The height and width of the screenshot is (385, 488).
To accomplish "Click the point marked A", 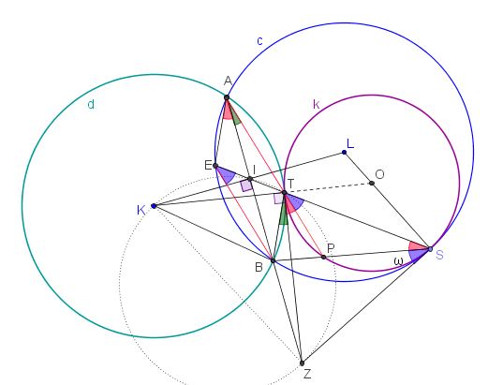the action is click(x=227, y=97).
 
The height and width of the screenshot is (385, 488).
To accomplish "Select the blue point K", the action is click(x=154, y=206).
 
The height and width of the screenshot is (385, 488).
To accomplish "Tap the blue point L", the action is click(x=344, y=153).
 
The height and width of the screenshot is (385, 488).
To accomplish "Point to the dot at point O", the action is click(x=372, y=183).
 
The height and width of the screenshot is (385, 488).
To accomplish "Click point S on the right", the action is click(x=430, y=249).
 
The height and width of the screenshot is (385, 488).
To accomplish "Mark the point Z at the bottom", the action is click(x=302, y=363).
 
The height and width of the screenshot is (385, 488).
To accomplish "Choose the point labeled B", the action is click(x=273, y=260).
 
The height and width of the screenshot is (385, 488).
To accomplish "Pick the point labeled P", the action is click(x=323, y=257).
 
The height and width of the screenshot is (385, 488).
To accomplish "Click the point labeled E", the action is click(x=215, y=166).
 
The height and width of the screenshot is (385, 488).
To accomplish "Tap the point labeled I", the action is click(x=250, y=179).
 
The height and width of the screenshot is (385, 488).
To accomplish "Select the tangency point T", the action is click(x=284, y=193).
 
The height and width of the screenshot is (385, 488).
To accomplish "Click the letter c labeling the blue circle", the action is click(x=259, y=41).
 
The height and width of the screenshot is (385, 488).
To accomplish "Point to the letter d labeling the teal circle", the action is click(x=91, y=104).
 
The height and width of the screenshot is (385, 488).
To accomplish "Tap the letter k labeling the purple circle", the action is click(x=317, y=104).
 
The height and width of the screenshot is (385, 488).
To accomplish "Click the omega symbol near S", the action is click(x=398, y=261).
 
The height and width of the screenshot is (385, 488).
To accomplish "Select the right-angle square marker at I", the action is click(x=246, y=185).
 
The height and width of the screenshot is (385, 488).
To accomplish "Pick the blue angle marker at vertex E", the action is click(x=226, y=174).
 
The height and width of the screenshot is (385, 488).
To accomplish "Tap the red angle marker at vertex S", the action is click(x=418, y=245).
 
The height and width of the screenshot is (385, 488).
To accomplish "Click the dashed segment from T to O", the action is click(x=328, y=188).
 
